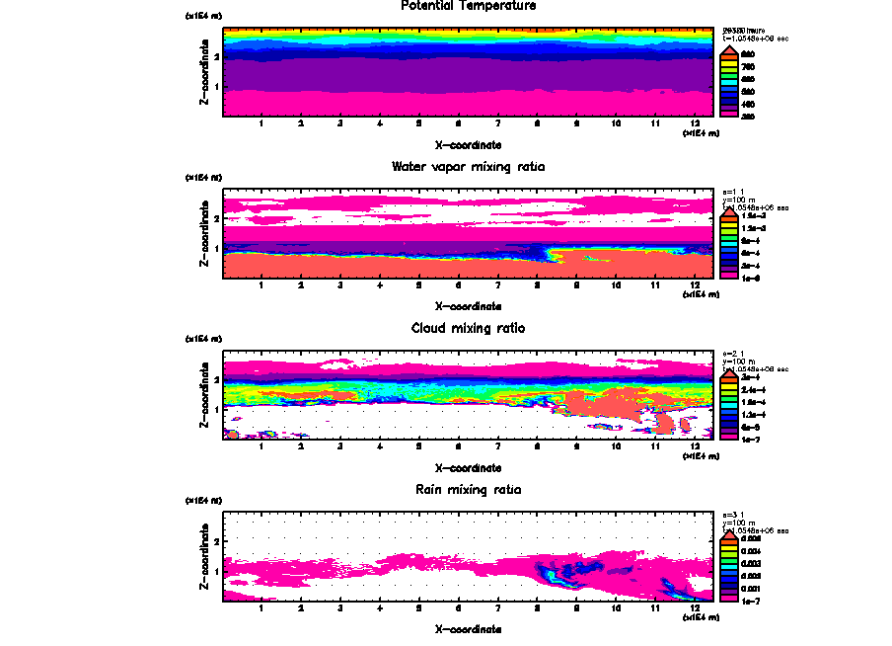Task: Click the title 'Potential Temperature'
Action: [x=468, y=6]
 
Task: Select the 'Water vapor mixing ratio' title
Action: [x=468, y=167]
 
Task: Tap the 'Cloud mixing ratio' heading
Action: [x=468, y=328]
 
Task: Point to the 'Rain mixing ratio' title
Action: [x=468, y=490]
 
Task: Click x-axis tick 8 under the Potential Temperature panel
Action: [x=537, y=124]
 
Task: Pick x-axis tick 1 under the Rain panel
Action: [x=260, y=608]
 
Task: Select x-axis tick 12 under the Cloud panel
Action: [x=696, y=447]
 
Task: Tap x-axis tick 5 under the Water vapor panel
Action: [x=418, y=286]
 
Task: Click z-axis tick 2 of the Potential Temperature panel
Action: [x=216, y=57]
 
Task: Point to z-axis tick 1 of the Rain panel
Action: [x=216, y=571]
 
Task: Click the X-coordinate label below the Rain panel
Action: [x=468, y=628]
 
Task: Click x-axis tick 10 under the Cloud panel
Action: [x=616, y=447]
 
